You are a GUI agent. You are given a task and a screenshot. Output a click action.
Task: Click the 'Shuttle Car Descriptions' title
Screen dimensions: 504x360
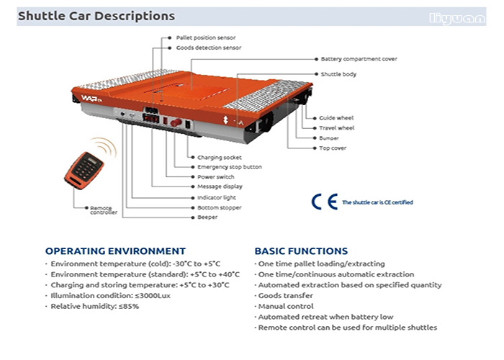[96, 16]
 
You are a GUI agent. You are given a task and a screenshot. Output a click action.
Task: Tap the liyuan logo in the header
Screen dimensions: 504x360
[457, 18]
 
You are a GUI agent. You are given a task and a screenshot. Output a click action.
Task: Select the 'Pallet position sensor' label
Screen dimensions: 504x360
[206, 37]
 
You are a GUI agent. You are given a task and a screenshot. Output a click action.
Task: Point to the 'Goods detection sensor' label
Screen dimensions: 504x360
[209, 48]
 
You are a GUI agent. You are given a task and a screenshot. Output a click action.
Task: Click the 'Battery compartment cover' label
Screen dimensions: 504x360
[359, 59]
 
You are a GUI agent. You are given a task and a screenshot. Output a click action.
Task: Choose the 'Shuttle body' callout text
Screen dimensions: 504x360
[338, 74]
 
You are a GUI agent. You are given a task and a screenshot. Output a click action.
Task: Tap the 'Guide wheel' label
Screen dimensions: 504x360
[336, 118]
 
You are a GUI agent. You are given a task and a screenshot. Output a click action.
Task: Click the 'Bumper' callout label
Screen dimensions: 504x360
[329, 138]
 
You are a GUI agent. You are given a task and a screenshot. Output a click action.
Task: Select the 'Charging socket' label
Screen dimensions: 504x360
[220, 158]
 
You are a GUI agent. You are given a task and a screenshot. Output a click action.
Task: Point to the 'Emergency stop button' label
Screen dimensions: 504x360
[230, 167]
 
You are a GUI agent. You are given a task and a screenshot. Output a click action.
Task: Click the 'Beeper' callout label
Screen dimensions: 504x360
[207, 217]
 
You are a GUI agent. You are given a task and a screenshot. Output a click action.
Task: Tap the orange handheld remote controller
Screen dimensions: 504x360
[84, 171]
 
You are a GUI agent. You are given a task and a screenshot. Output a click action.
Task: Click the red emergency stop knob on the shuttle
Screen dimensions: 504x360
[176, 122]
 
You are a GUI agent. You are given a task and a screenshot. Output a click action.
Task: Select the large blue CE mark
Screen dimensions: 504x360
[325, 202]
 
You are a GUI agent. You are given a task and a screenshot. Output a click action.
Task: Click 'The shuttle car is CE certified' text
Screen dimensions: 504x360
[377, 202]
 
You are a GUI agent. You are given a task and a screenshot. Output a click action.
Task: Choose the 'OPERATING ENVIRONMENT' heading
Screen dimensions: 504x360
[115, 251]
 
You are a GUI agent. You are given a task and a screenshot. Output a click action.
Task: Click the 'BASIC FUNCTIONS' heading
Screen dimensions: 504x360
[301, 251]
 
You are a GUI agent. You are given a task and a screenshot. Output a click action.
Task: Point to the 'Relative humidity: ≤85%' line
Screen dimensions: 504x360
[95, 306]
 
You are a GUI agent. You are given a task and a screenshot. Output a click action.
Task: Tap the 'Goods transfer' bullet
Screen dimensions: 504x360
[285, 296]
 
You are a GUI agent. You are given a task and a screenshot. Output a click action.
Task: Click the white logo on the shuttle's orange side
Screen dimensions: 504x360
[91, 99]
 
